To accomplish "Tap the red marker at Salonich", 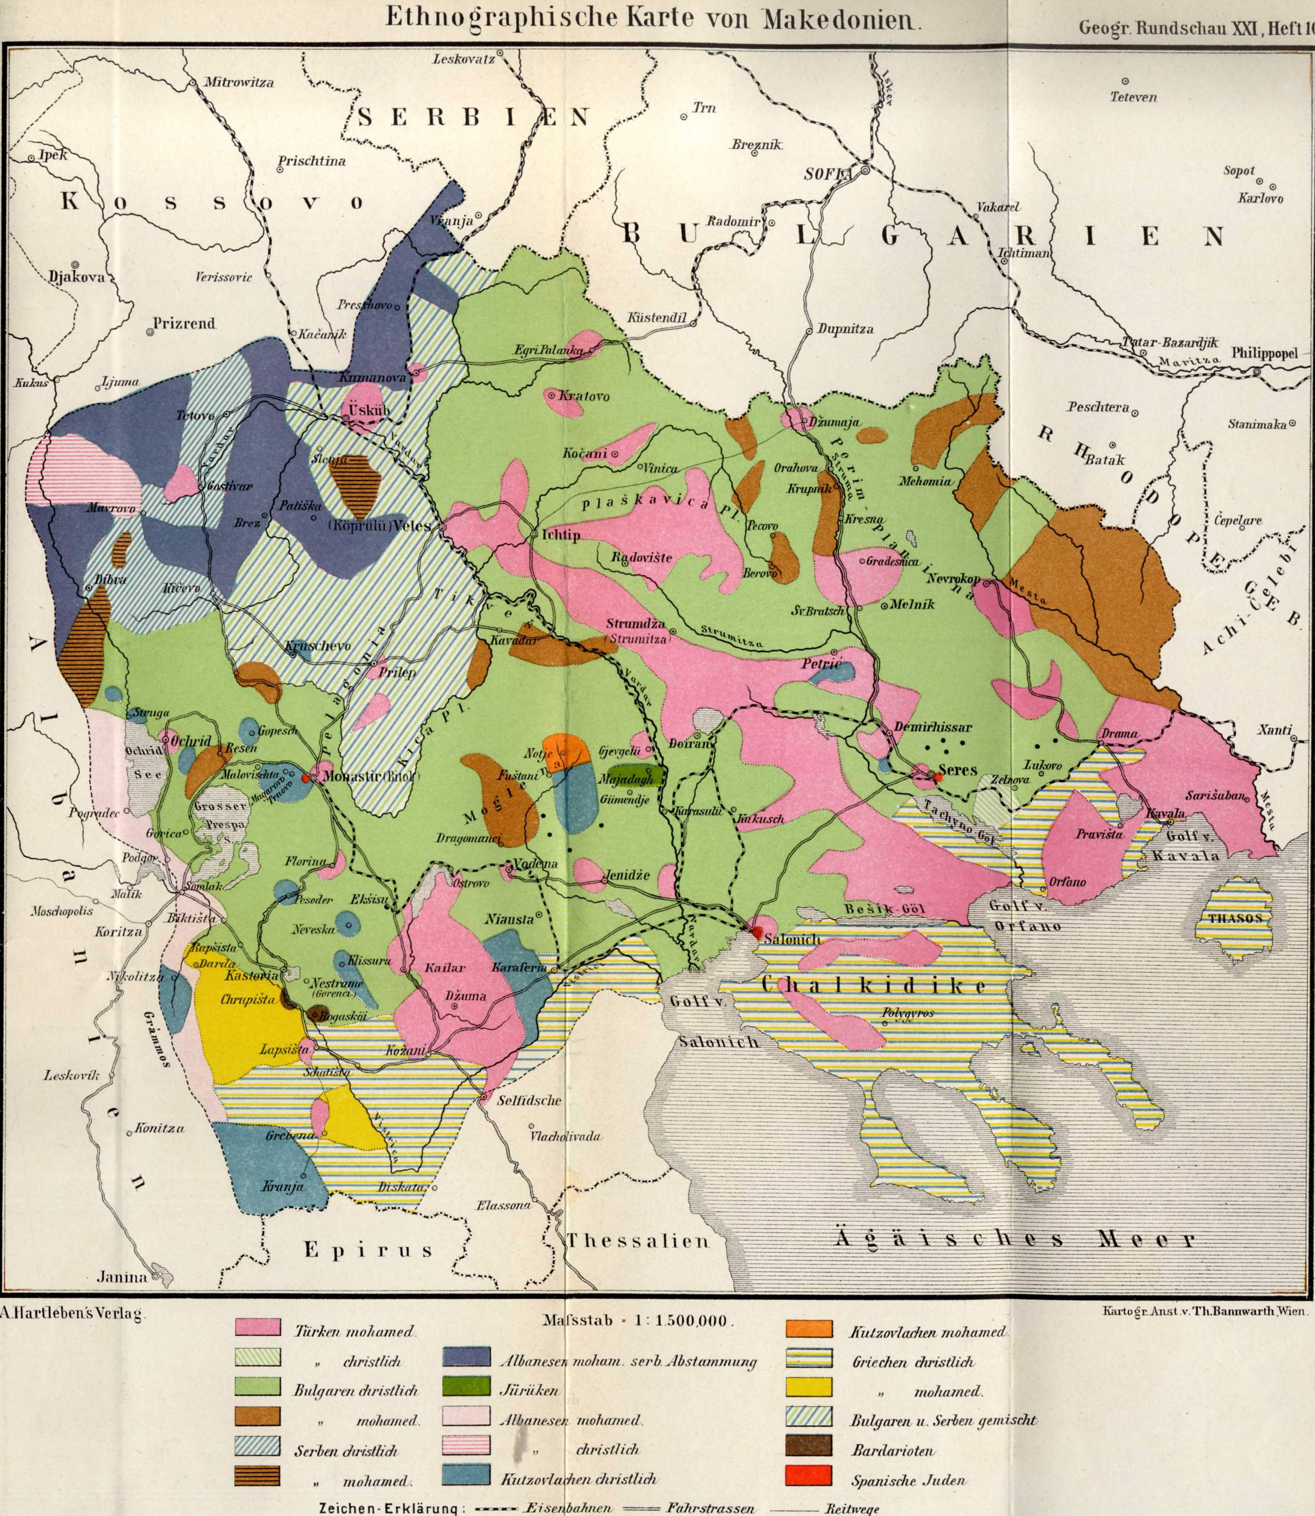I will (757, 931).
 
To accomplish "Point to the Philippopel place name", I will (1264, 353).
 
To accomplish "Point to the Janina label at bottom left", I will (122, 1277).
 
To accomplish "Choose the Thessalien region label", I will (637, 1241).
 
